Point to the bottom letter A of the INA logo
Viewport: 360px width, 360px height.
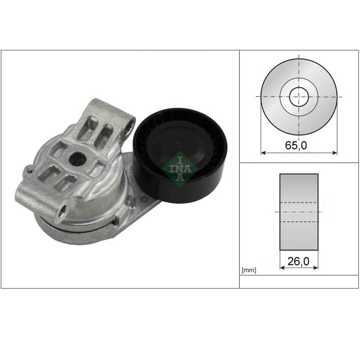coord(180,177)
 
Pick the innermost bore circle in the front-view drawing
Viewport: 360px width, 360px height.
coord(298,96)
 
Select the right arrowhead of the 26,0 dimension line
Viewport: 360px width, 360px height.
coord(315,267)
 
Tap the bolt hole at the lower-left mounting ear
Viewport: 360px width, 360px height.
coord(64,209)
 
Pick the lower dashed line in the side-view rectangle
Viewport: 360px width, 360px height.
coord(299,222)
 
